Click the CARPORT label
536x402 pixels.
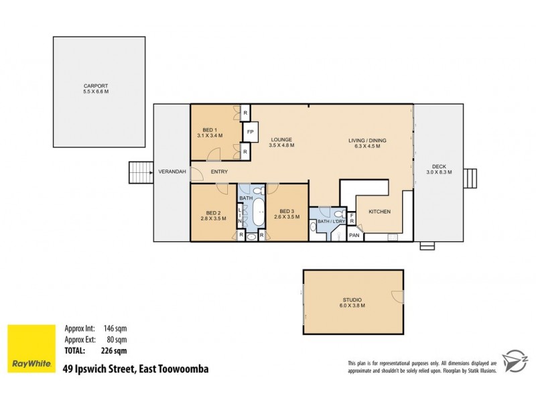tap(96, 86)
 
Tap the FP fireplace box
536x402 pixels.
tap(250, 132)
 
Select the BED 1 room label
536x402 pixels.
tap(210, 130)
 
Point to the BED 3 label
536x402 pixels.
tap(287, 212)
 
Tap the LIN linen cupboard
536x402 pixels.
tap(240, 214)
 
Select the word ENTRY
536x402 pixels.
tap(219, 172)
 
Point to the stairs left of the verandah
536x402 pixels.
tap(140, 172)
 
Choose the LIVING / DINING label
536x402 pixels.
tap(367, 140)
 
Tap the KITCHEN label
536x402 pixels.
tap(379, 212)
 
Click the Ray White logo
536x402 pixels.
tap(31, 348)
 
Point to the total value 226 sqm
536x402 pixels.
tap(115, 350)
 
